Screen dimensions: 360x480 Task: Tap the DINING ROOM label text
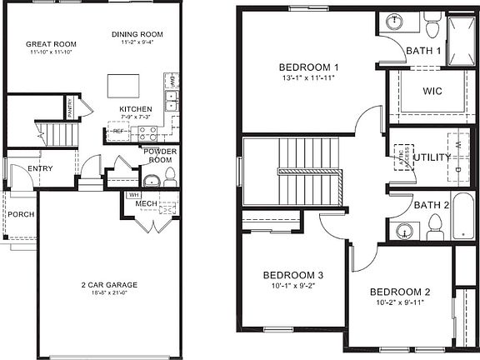tap(137, 34)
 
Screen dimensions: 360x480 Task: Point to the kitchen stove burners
tap(147, 131)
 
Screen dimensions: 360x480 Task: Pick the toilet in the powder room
tap(170, 177)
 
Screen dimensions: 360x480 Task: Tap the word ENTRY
tap(40, 168)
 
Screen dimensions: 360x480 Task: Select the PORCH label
tap(21, 214)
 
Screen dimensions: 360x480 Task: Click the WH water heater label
tap(133, 196)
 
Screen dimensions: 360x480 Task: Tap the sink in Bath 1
tap(392, 22)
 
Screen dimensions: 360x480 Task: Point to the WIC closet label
tap(432, 91)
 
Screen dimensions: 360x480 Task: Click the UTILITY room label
tap(431, 157)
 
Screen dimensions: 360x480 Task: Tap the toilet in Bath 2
tap(433, 225)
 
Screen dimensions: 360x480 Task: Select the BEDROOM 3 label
tap(292, 275)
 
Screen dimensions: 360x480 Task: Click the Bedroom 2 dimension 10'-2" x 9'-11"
tap(399, 302)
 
